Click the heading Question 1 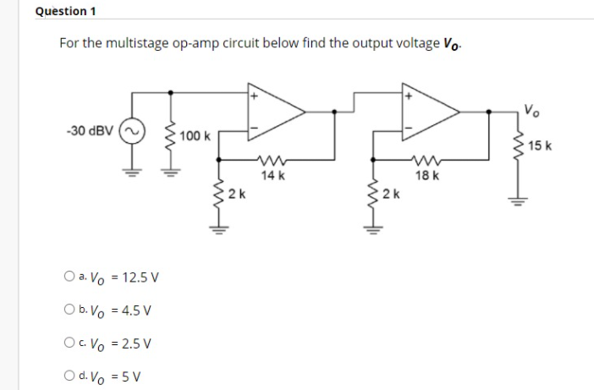tap(66, 11)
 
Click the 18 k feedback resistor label tap(427, 175)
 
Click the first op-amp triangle tap(274, 112)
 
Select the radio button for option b tap(67, 310)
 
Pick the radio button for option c tap(67, 343)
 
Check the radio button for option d tap(67, 376)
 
